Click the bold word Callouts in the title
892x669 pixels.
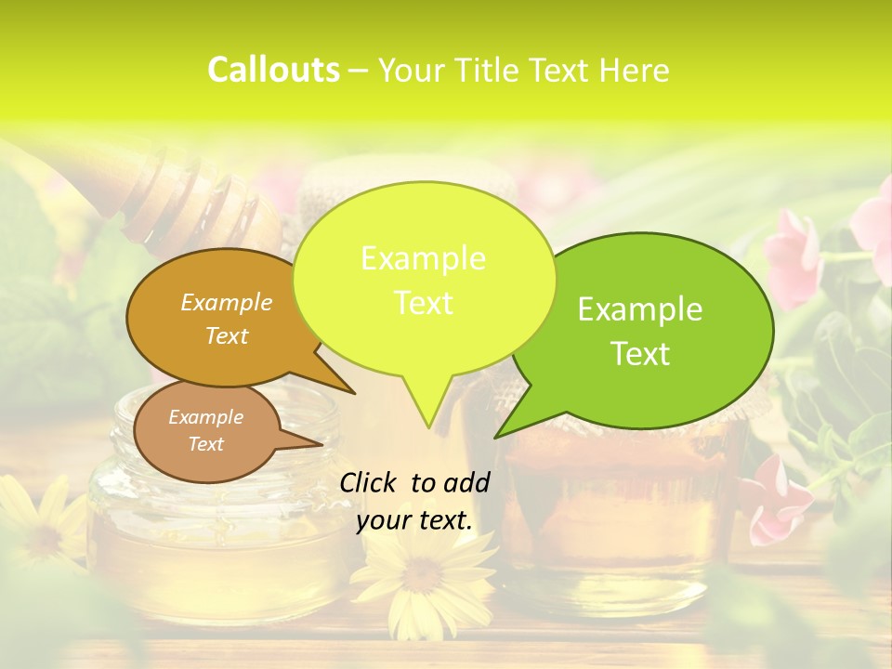coord(273,70)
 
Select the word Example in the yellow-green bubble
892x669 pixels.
coord(423,258)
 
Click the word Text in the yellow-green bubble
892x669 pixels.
coord(423,303)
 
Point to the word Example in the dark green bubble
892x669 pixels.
coord(640,309)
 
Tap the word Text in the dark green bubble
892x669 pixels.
coord(640,354)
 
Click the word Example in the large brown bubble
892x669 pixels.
coord(227,302)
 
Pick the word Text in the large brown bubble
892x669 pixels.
coord(227,336)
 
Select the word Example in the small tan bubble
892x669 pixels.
coord(205,417)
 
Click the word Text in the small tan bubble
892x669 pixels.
coord(205,444)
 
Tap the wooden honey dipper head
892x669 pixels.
coord(200,200)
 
